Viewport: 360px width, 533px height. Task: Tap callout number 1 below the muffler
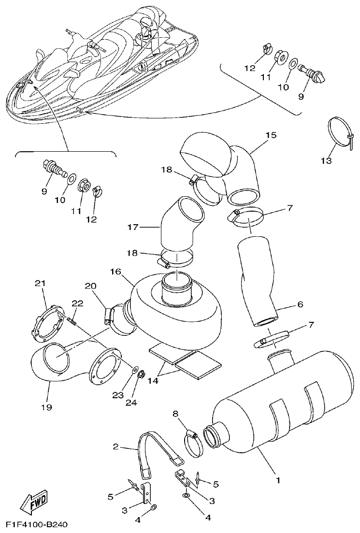click(277, 481)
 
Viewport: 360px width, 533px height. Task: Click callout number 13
click(327, 160)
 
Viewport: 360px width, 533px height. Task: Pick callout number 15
click(271, 135)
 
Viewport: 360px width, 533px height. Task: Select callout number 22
click(77, 303)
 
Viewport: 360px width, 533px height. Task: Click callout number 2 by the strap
click(115, 447)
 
